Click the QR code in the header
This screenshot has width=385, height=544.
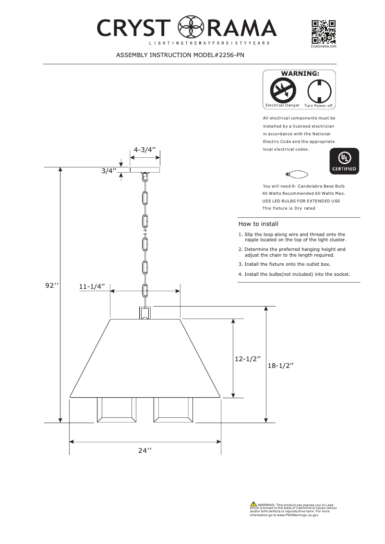pos(323,32)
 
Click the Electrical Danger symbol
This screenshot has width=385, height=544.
pos(282,90)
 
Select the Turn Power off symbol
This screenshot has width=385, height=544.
pos(319,90)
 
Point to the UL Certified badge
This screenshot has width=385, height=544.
pos(343,162)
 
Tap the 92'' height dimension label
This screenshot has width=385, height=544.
pos(52,285)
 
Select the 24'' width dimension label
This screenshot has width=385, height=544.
pos(145,450)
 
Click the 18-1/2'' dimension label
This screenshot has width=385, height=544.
pos(280,365)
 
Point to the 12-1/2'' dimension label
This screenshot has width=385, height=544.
pos(248,358)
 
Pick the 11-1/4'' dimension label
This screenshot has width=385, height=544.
pos(92,286)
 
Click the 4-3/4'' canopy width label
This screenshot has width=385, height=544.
pos(146,149)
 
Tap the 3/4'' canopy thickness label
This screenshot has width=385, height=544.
pos(109,171)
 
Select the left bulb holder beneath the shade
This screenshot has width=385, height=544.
pos(117,410)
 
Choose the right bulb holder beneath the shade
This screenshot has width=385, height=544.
pos(173,410)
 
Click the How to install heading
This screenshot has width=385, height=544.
pos(258,224)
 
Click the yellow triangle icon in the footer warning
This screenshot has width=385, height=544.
pos(253,504)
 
